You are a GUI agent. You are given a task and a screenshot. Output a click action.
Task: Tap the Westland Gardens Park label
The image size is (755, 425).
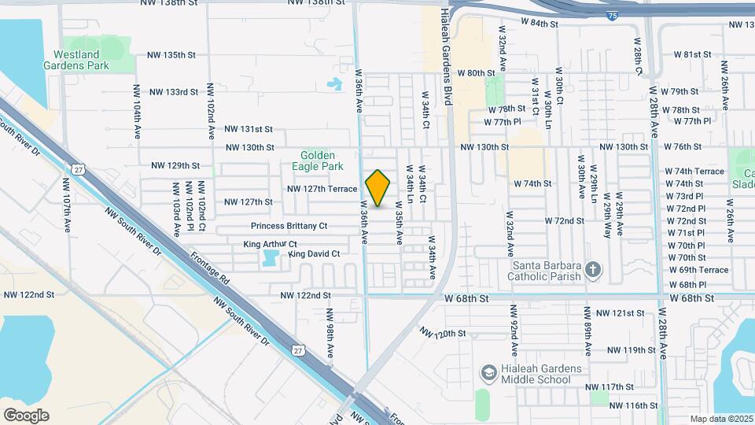pyautogui.click(x=82, y=61)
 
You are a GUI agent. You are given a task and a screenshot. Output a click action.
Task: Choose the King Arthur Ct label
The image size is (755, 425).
pyautogui.click(x=270, y=245)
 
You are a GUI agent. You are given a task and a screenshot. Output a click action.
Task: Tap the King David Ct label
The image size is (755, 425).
pyautogui.click(x=314, y=254)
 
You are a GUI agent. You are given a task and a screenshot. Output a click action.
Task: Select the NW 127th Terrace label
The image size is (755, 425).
pyautogui.click(x=322, y=189)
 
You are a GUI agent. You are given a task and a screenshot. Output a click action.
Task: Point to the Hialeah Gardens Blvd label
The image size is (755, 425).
pyautogui.click(x=451, y=47)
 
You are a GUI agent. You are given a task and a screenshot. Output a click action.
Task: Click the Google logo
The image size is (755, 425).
pyautogui.click(x=26, y=415)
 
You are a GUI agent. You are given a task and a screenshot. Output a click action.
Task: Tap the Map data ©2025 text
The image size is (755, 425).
pyautogui.click(x=721, y=419)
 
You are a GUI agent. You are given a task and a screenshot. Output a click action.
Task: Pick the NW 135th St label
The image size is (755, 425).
pyautogui.click(x=171, y=55)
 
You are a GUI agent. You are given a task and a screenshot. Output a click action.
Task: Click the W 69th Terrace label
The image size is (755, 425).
pyautogui.click(x=698, y=270)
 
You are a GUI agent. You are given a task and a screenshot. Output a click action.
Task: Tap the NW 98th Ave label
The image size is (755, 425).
pyautogui.click(x=330, y=332)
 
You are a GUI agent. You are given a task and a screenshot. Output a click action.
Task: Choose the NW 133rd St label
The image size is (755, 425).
pyautogui.click(x=171, y=91)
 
